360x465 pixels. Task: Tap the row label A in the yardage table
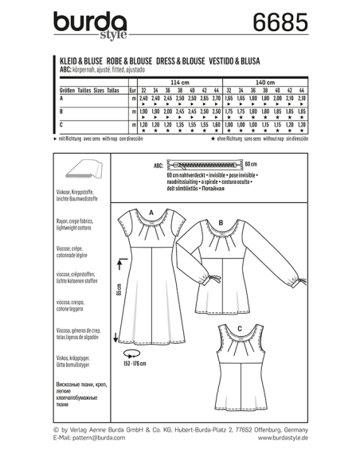[63, 103]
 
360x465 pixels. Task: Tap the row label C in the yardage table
[63, 126]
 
